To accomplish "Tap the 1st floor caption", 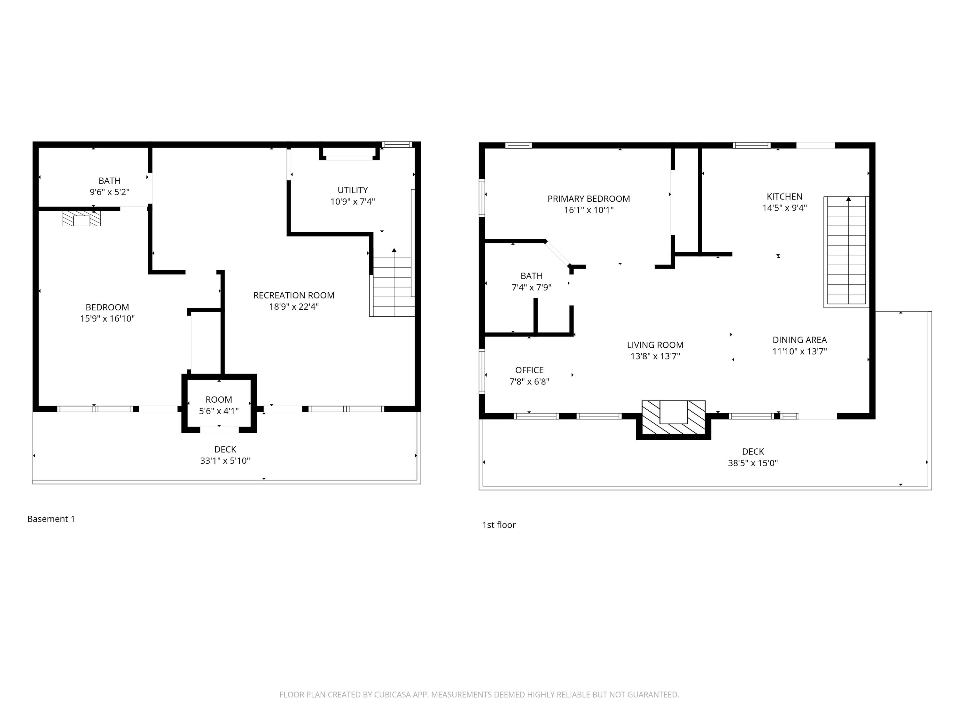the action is tap(499, 525).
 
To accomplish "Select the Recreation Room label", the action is tap(294, 296).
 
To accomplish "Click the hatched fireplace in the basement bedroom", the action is tap(82, 219).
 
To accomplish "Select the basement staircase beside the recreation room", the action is tap(392, 282).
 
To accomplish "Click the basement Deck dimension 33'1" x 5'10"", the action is tap(225, 461).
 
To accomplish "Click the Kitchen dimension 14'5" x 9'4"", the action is tap(785, 208).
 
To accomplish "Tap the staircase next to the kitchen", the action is tap(847, 251).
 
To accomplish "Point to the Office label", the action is tap(529, 370).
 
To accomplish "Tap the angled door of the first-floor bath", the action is tap(557, 253).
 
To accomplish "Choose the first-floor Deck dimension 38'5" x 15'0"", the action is tap(753, 463).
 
